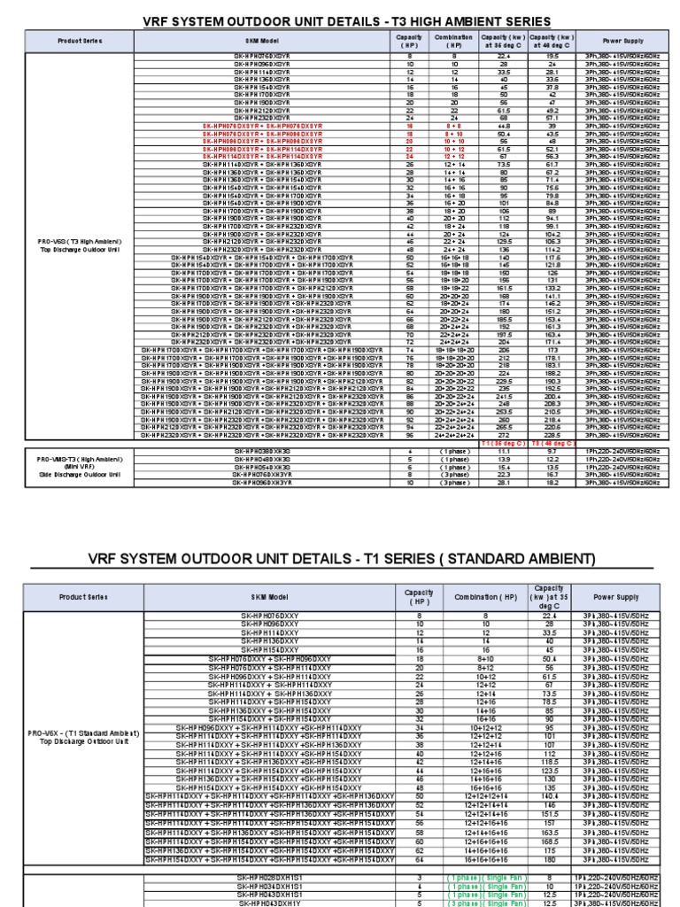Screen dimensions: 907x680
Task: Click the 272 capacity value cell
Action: click(503, 436)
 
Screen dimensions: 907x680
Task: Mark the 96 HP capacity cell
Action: click(411, 436)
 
